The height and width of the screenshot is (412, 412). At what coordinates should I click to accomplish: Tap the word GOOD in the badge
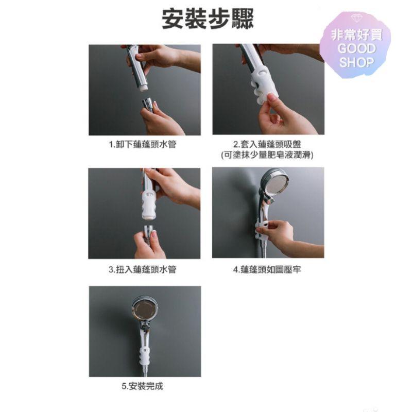(356, 49)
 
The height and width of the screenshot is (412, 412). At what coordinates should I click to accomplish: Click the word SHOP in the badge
(356, 62)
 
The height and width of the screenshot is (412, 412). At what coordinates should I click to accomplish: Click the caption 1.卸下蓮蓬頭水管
(143, 145)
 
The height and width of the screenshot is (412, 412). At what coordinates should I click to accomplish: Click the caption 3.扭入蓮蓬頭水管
(143, 269)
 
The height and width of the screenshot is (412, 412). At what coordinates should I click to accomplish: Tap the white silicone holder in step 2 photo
(265, 82)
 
